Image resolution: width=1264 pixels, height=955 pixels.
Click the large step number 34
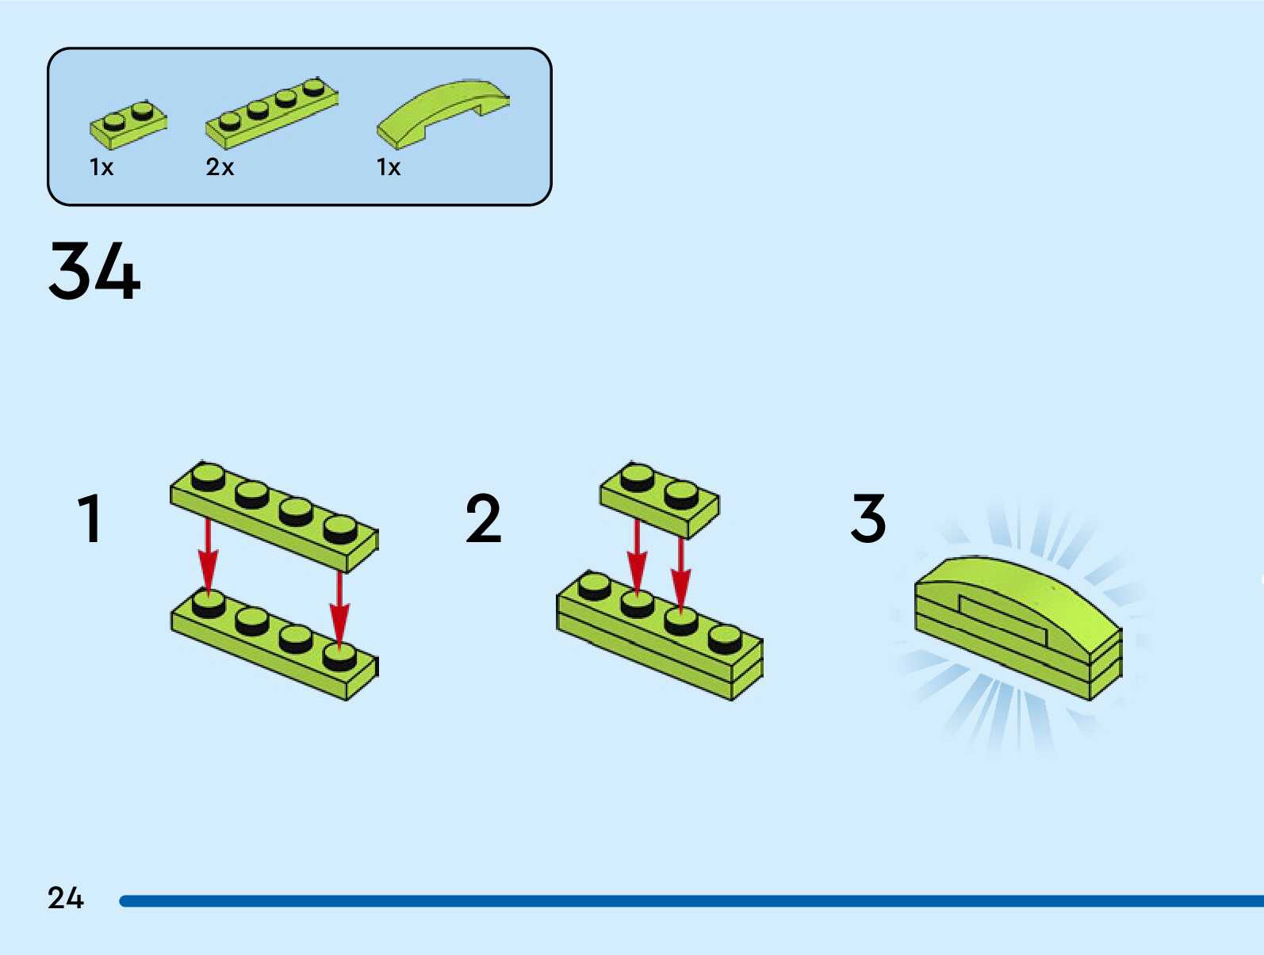tap(94, 271)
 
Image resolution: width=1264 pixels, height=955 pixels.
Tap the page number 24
tap(65, 898)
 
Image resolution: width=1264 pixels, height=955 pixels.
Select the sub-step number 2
tap(483, 519)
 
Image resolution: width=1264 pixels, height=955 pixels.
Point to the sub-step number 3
tap(868, 519)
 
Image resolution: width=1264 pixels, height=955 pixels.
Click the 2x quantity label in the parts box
tap(220, 167)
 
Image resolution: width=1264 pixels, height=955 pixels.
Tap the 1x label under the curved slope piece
tap(389, 167)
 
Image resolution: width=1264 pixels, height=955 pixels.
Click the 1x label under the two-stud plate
tap(102, 167)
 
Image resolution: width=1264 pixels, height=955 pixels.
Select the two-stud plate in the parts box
tap(128, 125)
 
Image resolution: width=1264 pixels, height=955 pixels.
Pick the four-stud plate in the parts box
tap(271, 113)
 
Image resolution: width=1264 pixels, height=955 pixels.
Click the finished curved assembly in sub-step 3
tap(1019, 626)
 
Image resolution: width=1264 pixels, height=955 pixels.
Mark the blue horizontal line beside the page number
tap(690, 901)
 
